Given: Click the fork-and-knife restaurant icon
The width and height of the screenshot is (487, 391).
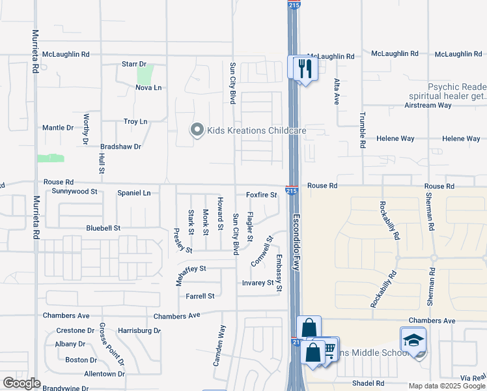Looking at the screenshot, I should pyautogui.click(x=305, y=67).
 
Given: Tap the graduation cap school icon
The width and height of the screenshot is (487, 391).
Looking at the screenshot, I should pyautogui.click(x=413, y=341).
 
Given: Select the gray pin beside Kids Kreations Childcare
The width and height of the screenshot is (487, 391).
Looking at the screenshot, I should pyautogui.click(x=197, y=130).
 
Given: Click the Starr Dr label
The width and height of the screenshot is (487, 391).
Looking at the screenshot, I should pyautogui.click(x=134, y=64).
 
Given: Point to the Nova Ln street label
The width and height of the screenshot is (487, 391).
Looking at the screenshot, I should pyautogui.click(x=148, y=87).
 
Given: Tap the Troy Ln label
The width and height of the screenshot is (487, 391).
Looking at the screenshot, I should pyautogui.click(x=135, y=122).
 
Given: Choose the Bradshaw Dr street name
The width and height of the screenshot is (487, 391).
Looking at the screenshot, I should pyautogui.click(x=120, y=147).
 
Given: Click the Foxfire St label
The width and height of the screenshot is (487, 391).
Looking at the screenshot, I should pyautogui.click(x=261, y=195).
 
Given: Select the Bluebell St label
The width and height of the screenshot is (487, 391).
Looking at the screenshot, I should pyautogui.click(x=104, y=229).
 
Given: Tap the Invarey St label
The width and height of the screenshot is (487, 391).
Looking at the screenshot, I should pyautogui.click(x=258, y=283).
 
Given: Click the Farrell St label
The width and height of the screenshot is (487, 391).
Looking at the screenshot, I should pyautogui.click(x=200, y=297).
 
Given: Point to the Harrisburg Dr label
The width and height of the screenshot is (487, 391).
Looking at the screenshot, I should pyautogui.click(x=139, y=331).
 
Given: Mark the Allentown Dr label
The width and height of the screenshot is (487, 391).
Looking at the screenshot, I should pyautogui.click(x=104, y=374).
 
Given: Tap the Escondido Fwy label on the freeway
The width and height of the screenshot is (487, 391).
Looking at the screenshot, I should pyautogui.click(x=296, y=243).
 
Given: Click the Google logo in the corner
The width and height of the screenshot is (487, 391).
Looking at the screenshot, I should pyautogui.click(x=21, y=383).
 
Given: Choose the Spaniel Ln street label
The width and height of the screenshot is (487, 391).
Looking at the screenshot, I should pyautogui.click(x=133, y=194).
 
